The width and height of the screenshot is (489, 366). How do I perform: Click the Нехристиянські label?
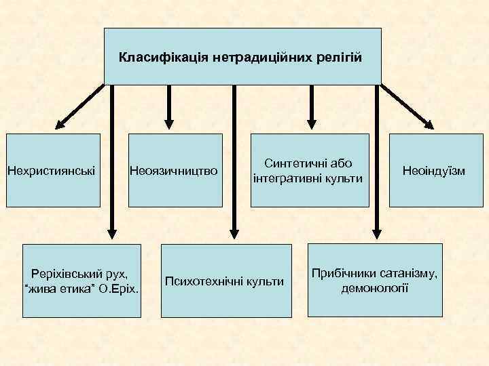pyautogui.click(x=51, y=170)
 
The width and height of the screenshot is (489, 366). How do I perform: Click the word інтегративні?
pyautogui.click(x=290, y=178)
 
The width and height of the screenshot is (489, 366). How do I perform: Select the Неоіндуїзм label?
pyautogui.click(x=434, y=170)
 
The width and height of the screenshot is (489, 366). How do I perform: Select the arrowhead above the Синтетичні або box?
pyautogui.click(x=312, y=121)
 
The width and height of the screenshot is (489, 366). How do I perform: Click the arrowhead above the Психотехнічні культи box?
pyautogui.click(x=234, y=232)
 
